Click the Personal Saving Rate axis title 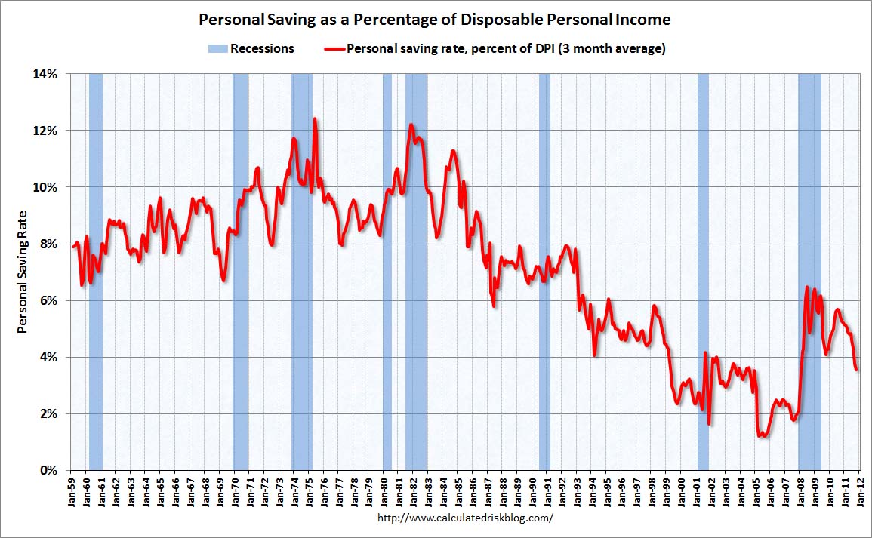[x=23, y=272]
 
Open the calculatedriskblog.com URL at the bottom [x=464, y=518]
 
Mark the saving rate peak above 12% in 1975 [x=314, y=119]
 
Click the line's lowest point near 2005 [x=763, y=435]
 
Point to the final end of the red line [x=857, y=369]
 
